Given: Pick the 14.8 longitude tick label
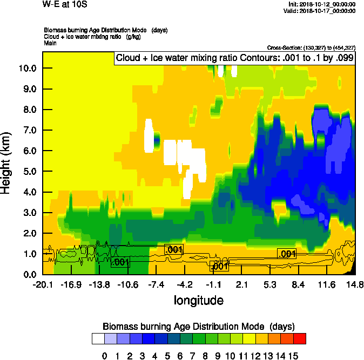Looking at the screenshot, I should tap(355, 284).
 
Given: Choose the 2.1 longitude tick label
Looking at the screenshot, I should tap(242, 284).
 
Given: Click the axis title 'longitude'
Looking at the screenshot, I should tap(198, 300).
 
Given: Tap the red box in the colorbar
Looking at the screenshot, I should tap(300, 338).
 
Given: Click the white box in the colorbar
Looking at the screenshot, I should tap(98, 338).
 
